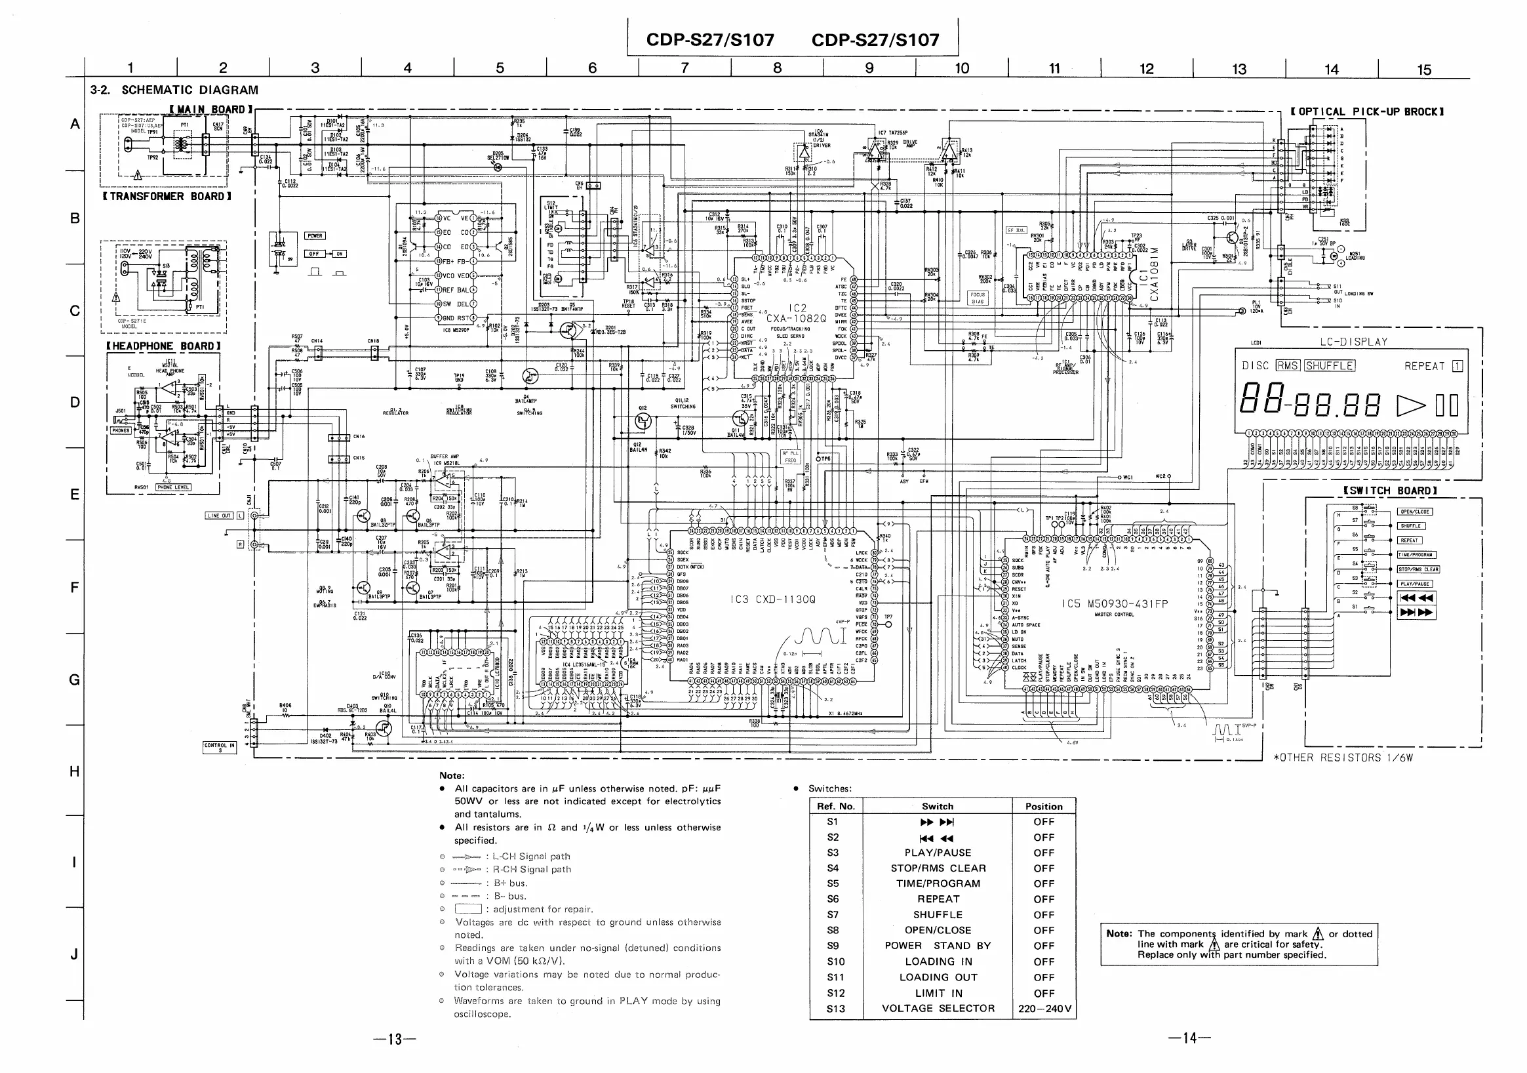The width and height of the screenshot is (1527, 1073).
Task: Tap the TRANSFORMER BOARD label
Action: point(167,196)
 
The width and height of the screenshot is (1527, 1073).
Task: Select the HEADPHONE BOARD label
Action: point(163,346)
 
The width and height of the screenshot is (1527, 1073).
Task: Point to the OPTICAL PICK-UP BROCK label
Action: point(1367,111)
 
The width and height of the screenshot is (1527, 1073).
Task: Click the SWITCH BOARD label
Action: point(1390,491)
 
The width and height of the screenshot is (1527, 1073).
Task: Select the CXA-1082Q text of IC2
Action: point(796,319)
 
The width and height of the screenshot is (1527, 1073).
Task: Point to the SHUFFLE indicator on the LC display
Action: point(1330,366)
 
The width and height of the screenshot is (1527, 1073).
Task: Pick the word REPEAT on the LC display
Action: point(1425,366)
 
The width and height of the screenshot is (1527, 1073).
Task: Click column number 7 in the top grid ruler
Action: point(684,68)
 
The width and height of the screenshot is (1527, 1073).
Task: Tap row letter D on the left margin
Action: point(75,403)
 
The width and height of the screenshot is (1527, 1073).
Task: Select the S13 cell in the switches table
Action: point(835,1009)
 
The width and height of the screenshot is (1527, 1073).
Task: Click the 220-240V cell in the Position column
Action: point(1044,1009)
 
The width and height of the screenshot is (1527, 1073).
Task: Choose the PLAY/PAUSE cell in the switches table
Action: point(938,853)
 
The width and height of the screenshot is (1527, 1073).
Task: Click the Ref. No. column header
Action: point(836,806)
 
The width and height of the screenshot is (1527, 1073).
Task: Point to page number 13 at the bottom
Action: point(395,1039)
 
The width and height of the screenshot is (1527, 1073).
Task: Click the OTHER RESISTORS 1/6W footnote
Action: point(1343,758)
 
